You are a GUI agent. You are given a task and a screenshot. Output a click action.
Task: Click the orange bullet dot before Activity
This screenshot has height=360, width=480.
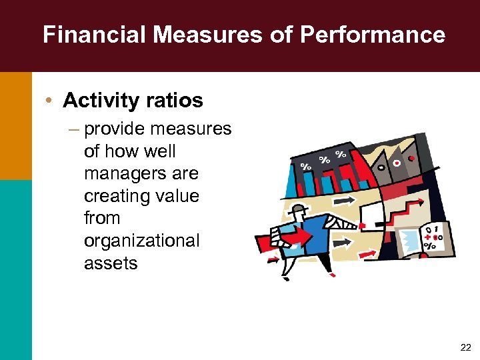point(49,101)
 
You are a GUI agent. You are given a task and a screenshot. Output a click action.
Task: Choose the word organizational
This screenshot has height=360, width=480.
point(141,241)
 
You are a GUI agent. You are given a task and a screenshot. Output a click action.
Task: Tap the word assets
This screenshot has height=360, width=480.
point(111,263)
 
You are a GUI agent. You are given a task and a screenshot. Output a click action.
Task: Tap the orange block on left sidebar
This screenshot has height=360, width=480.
point(15,126)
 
